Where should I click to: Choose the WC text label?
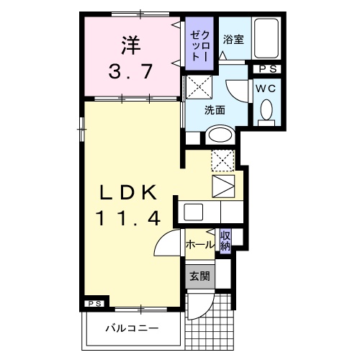pos(266,86)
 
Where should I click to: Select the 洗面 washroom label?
pos(215,111)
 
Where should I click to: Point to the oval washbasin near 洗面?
pos(217,136)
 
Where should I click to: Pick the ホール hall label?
pos(199,245)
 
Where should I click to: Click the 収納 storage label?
pos(225,240)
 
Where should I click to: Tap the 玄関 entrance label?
pos(199,276)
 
